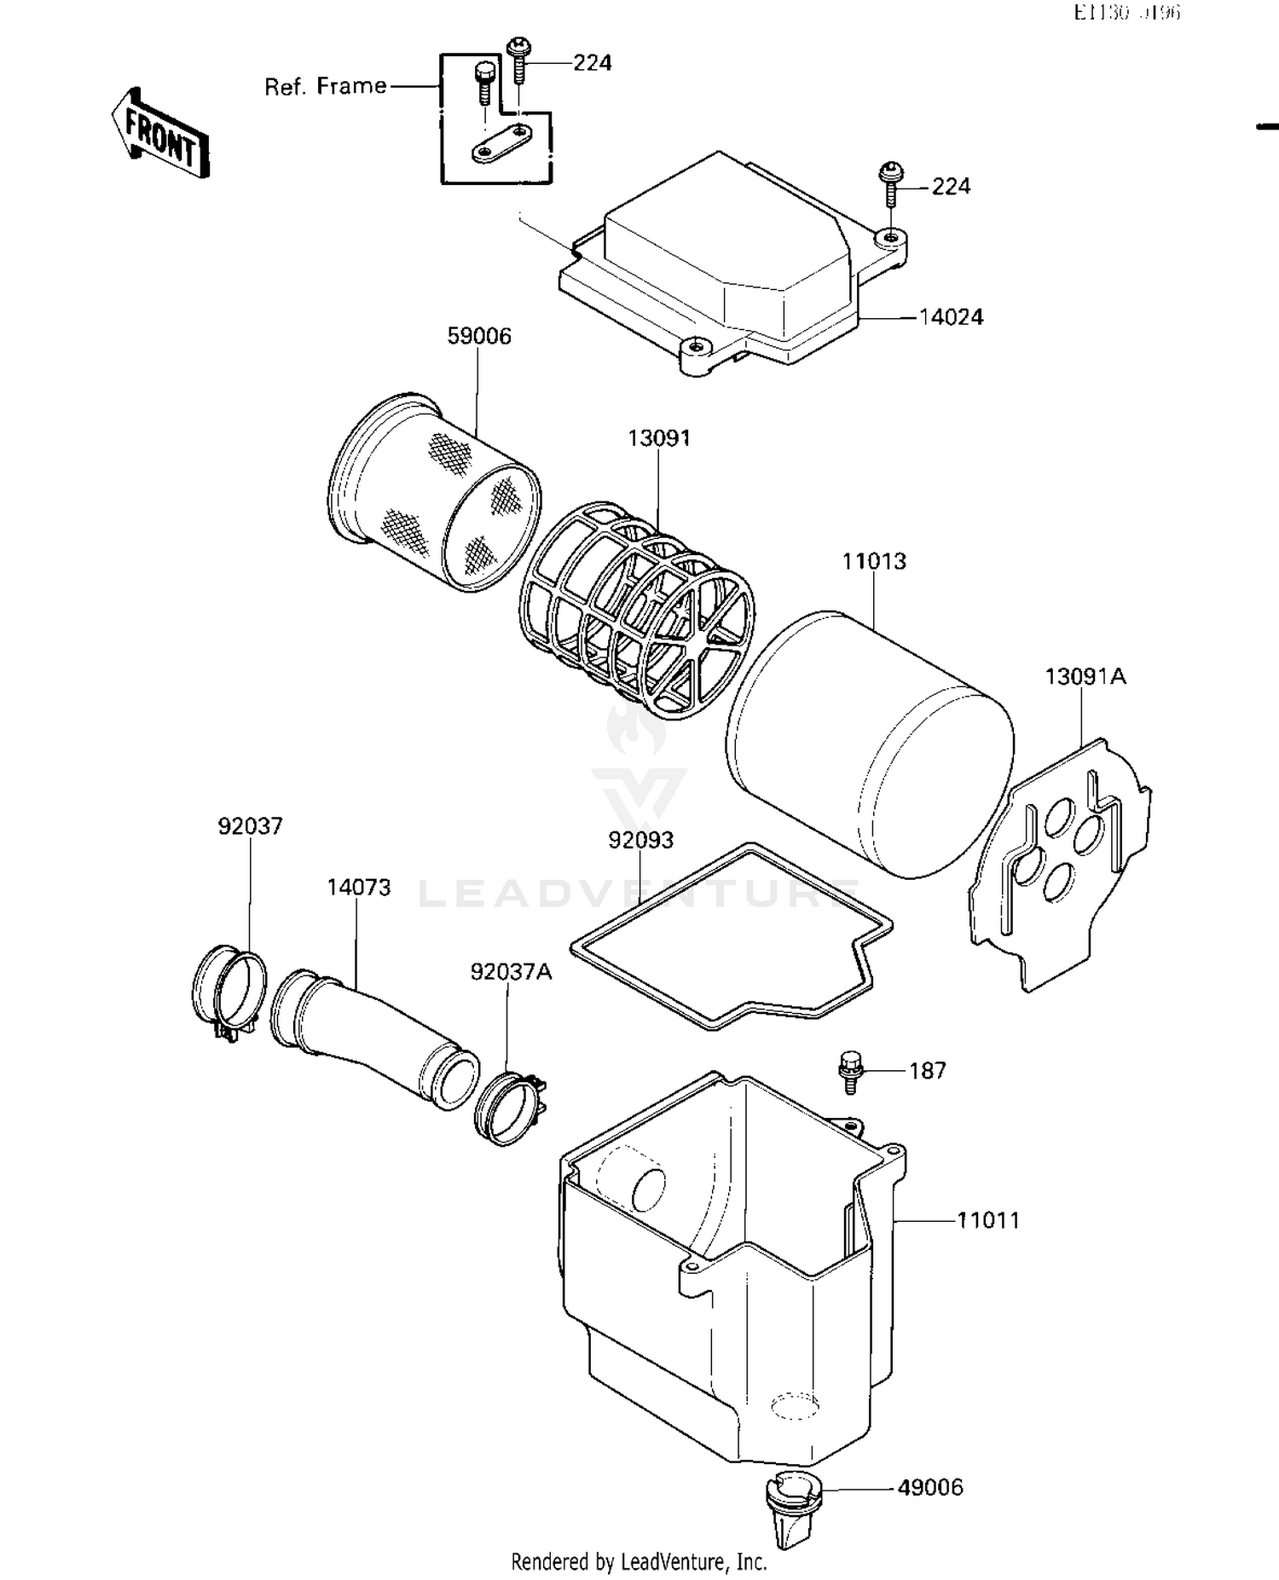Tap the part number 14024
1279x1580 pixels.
951,317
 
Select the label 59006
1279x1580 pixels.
479,337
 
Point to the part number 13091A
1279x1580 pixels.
1085,677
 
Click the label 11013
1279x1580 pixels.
874,562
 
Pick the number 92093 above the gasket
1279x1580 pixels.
640,841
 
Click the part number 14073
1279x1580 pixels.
359,888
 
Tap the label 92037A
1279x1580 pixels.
511,972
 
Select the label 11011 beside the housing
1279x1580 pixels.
987,1221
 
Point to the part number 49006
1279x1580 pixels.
930,1488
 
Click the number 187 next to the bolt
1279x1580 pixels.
927,1071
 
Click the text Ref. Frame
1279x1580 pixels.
325,87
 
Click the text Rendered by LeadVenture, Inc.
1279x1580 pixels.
639,1562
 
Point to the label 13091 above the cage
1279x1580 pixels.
659,438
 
